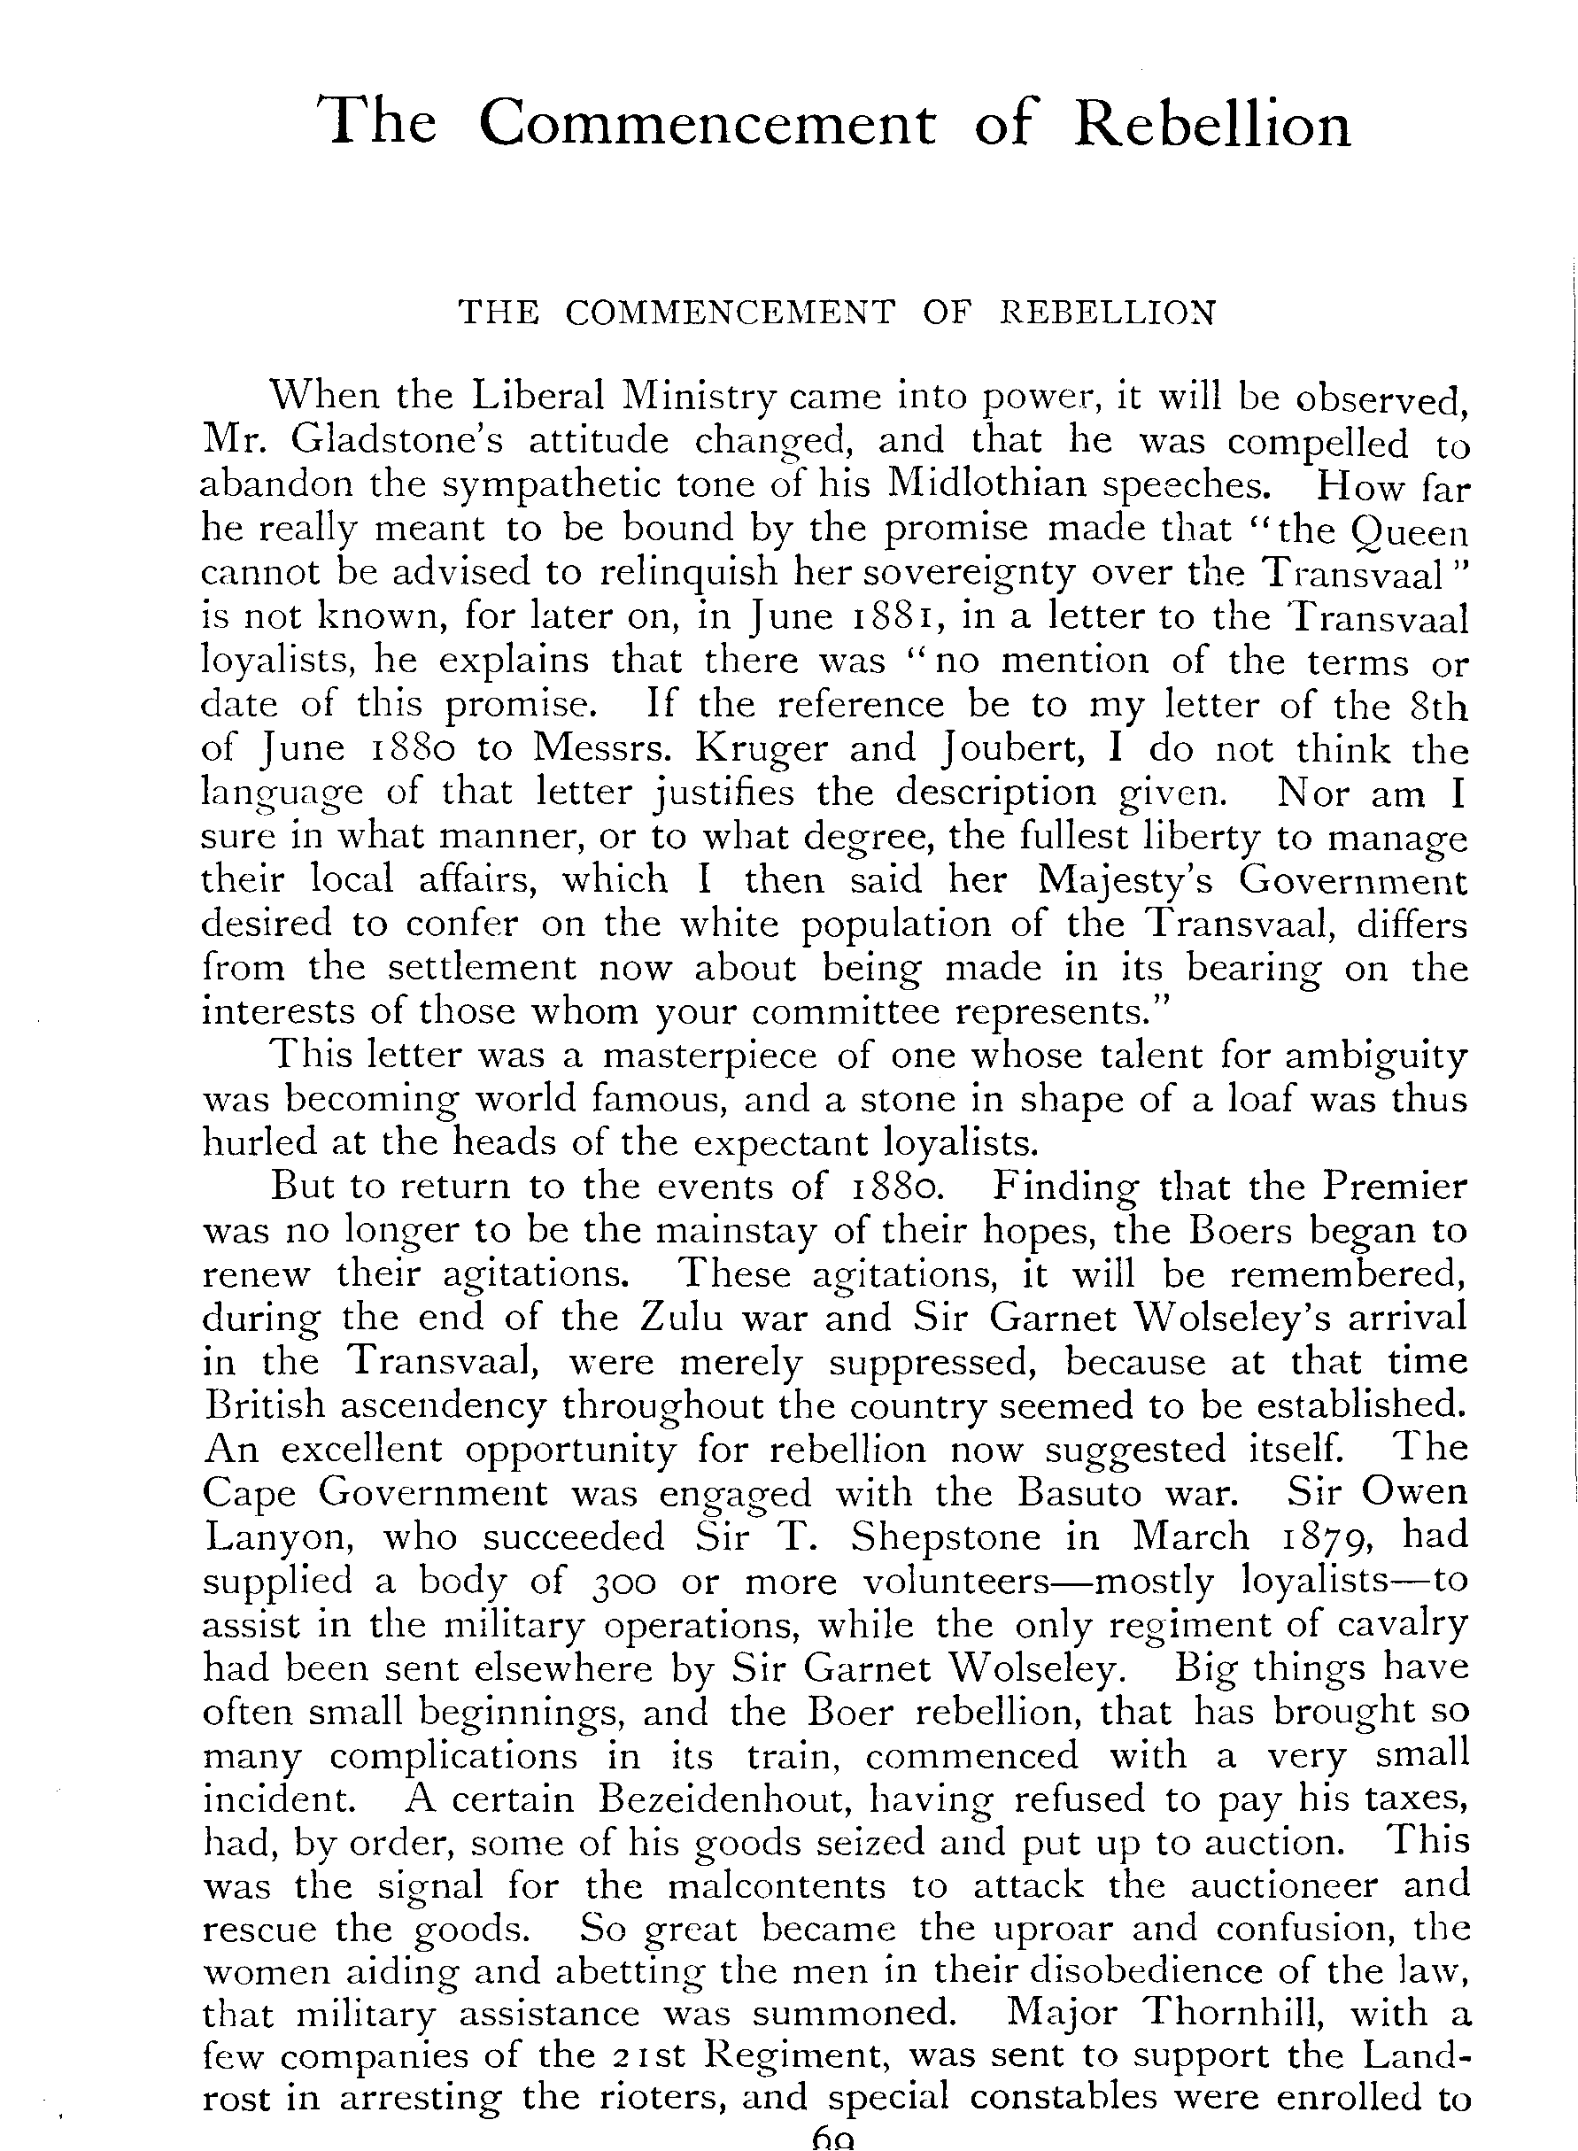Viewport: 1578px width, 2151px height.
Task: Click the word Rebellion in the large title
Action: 1212,124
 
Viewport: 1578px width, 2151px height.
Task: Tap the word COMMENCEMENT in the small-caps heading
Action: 730,313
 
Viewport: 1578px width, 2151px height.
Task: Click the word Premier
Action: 1395,1187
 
